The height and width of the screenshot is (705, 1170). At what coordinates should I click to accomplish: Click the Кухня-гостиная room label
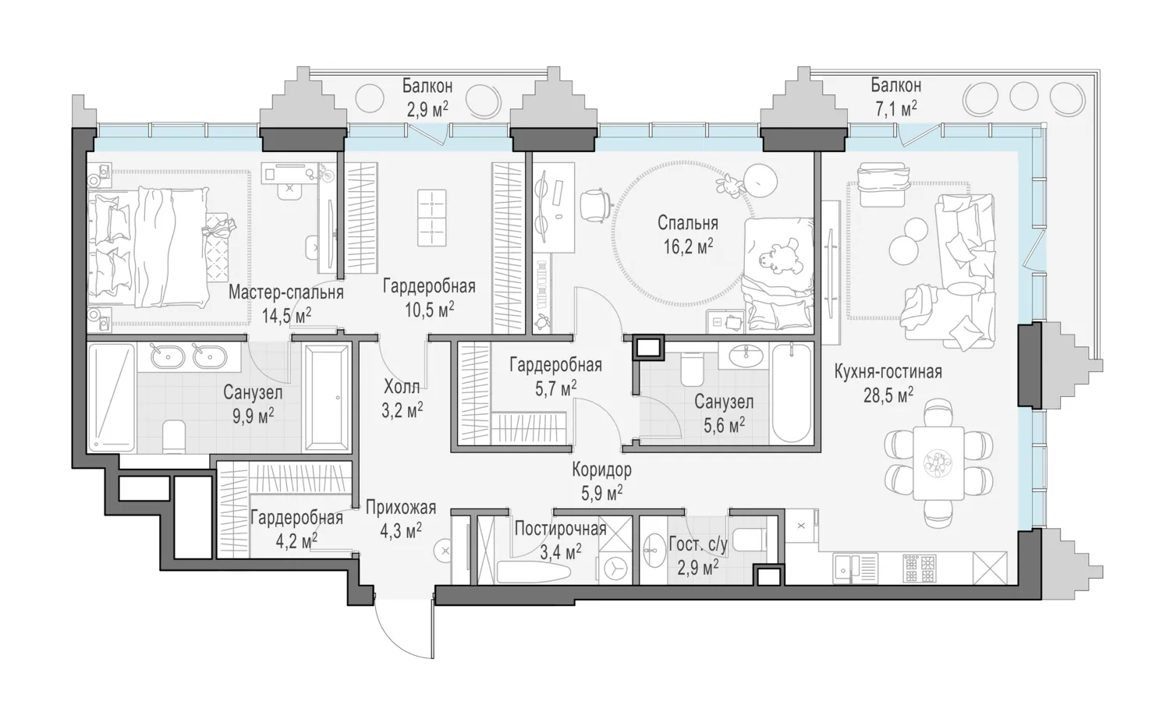tap(888, 372)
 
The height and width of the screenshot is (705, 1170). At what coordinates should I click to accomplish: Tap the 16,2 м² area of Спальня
tap(689, 246)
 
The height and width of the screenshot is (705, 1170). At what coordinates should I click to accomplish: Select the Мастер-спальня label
tap(285, 292)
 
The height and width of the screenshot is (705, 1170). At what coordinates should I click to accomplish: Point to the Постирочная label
tap(561, 529)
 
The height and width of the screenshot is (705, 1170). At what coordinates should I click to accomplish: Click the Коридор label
tap(601, 469)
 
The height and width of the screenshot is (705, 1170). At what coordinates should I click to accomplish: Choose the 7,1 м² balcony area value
tap(895, 108)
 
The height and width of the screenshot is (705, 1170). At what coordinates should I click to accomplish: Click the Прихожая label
tap(401, 507)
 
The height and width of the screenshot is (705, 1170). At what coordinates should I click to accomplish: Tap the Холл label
tap(402, 387)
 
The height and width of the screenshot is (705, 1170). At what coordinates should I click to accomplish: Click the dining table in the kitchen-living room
tap(938, 462)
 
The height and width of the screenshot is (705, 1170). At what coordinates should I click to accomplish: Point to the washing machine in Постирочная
tap(616, 569)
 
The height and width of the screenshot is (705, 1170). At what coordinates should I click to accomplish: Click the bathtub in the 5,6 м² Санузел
tap(792, 392)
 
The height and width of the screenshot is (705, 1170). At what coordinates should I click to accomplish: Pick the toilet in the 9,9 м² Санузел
tap(174, 437)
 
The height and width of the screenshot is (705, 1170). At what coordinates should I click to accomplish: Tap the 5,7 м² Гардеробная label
tap(555, 376)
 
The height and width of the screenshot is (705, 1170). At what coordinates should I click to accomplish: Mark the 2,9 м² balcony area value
tap(427, 109)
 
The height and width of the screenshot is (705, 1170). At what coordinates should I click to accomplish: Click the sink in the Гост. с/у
tap(652, 550)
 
